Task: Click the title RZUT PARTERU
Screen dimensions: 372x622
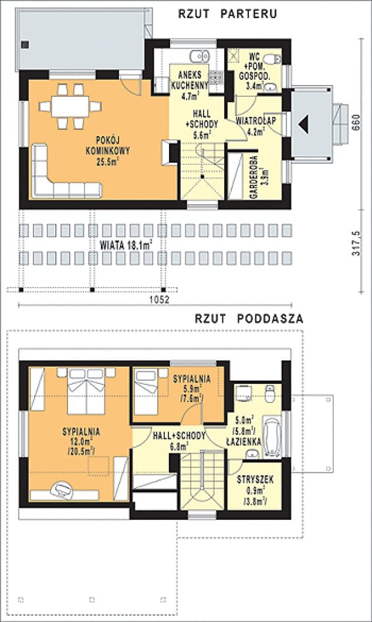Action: click(227, 14)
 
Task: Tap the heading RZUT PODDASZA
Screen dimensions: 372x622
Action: click(249, 319)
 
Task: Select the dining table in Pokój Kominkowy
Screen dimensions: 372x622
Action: click(70, 106)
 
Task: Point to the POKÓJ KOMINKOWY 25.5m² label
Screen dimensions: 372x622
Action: click(107, 151)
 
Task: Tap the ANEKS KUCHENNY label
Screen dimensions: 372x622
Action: click(190, 80)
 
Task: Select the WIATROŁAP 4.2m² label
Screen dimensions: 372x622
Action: click(256, 126)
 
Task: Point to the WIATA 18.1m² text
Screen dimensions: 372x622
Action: click(127, 245)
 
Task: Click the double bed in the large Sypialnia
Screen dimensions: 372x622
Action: click(87, 391)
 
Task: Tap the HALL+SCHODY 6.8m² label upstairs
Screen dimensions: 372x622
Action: click(180, 441)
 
